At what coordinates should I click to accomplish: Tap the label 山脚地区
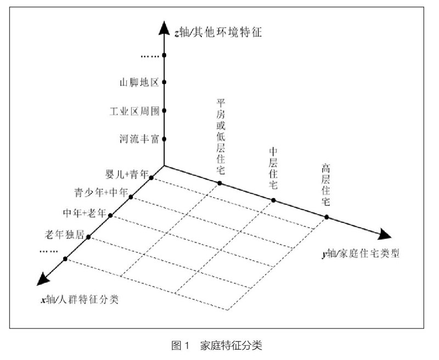139,83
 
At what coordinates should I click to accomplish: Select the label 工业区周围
134,111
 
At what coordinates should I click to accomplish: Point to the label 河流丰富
139,139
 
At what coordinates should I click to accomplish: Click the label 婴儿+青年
128,175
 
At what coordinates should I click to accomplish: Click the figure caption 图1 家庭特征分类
219,345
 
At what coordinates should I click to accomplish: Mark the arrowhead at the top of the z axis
164,28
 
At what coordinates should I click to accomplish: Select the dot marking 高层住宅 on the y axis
327,217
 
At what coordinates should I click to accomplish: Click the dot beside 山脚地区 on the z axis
164,83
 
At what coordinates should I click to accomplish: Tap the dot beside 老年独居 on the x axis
88,238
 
